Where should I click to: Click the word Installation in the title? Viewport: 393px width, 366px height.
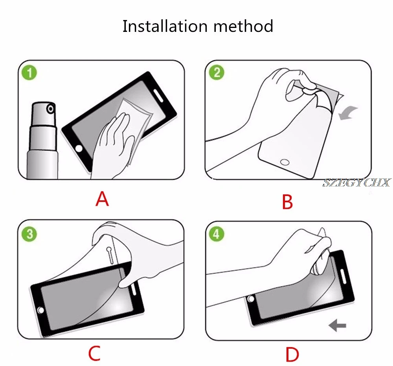pyautogui.click(x=165, y=26)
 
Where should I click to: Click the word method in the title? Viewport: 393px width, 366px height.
pyautogui.click(x=243, y=26)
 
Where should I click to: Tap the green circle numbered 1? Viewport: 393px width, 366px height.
pyautogui.click(x=29, y=73)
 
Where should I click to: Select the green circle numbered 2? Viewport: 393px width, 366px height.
pyautogui.click(x=217, y=72)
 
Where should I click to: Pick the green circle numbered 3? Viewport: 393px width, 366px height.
pyautogui.click(x=29, y=234)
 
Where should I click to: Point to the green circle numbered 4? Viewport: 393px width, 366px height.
pyautogui.click(x=216, y=234)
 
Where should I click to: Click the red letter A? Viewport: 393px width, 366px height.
pyautogui.click(x=102, y=199)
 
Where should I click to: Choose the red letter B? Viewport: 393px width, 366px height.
pyautogui.click(x=287, y=201)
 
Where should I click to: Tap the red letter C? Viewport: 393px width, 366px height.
pyautogui.click(x=94, y=353)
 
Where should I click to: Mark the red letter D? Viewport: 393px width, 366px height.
pyautogui.click(x=292, y=355)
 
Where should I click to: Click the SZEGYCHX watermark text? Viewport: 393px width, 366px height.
pyautogui.click(x=356, y=183)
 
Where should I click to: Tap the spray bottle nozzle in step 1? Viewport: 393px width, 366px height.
pyautogui.click(x=51, y=109)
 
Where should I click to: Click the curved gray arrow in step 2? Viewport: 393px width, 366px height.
pyautogui.click(x=348, y=113)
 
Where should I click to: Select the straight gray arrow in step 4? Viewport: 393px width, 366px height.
pyautogui.click(x=337, y=326)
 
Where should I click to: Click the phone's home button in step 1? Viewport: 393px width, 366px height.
pyautogui.click(x=79, y=148)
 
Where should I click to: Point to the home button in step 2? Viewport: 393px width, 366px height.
pyautogui.click(x=285, y=162)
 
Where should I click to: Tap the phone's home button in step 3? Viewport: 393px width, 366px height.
pyautogui.click(x=41, y=311)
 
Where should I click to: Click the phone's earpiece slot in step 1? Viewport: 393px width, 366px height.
pyautogui.click(x=158, y=96)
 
